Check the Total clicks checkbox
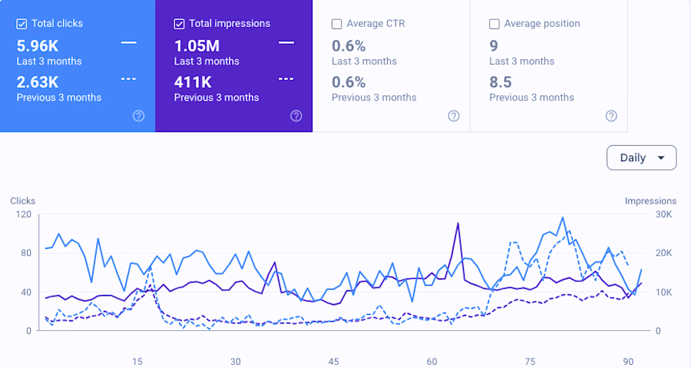(21, 24)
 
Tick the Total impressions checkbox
(179, 24)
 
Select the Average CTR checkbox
(337, 24)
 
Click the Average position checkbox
(494, 24)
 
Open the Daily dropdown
(641, 157)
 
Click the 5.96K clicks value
(38, 46)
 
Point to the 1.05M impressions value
(197, 46)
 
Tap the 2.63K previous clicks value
(38, 82)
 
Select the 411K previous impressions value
(193, 82)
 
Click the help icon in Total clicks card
(139, 116)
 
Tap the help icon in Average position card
(611, 116)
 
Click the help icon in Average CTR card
(454, 116)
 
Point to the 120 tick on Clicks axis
(24, 214)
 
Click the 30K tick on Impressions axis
(664, 214)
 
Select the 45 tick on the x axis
(334, 362)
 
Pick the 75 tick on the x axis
(530, 362)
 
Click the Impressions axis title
(650, 201)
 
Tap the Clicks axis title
(23, 201)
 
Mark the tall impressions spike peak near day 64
(458, 224)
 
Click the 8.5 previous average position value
(501, 82)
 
